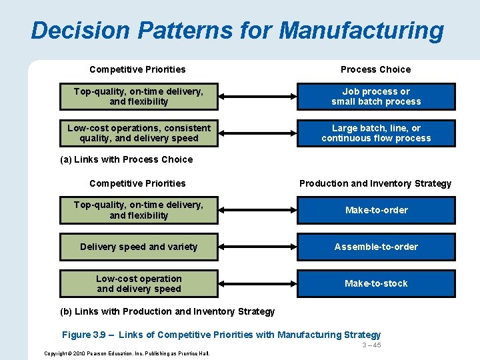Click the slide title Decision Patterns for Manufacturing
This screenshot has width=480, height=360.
(237, 31)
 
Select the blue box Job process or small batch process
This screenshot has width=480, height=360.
(376, 97)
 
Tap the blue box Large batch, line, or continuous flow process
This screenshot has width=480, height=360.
(376, 133)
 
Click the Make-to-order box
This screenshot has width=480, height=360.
(376, 210)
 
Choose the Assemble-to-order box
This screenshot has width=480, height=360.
(376, 247)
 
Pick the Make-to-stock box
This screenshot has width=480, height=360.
(376, 283)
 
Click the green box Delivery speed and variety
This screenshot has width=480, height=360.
(139, 247)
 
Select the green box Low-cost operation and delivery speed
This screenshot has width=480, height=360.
(139, 283)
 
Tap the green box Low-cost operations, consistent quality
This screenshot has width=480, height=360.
(139, 133)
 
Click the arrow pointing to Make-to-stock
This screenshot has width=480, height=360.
(257, 283)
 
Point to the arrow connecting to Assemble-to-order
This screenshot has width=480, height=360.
(257, 247)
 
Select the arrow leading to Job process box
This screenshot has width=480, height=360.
(257, 97)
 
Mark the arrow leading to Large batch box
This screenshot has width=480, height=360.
(257, 133)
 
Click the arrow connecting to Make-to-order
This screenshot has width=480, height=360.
(257, 210)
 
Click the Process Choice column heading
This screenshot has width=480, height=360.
(375, 69)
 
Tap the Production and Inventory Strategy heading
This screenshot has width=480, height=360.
(375, 183)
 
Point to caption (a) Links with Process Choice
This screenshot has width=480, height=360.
(126, 159)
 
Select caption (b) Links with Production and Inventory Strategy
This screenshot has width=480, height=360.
(167, 311)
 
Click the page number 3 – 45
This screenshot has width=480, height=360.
(371, 345)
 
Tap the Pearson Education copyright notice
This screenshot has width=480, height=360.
(126, 353)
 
